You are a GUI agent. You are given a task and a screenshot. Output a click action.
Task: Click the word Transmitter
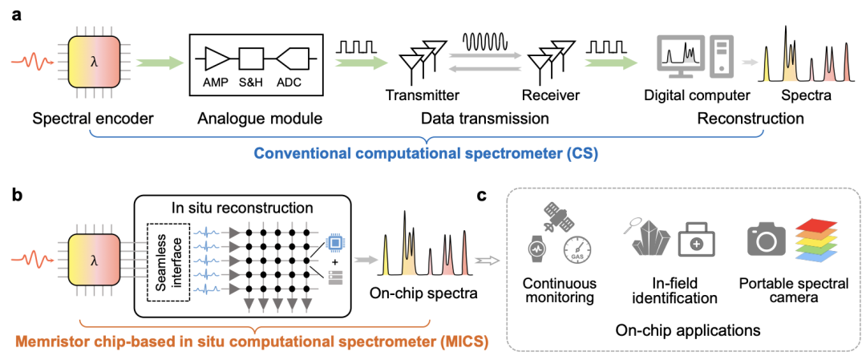(423, 95)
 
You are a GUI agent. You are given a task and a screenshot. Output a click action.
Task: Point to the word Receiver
(550, 95)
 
